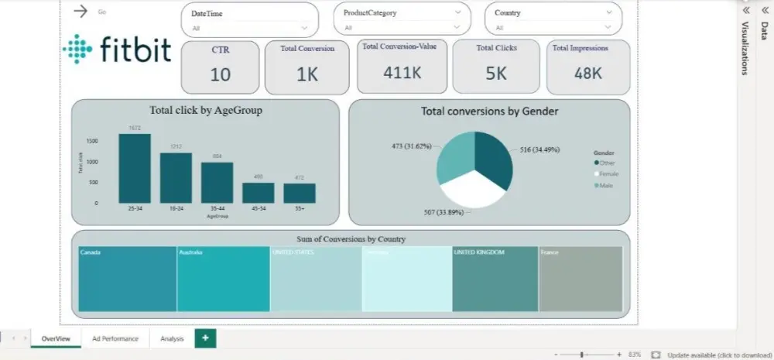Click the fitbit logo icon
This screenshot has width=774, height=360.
tap(77, 49)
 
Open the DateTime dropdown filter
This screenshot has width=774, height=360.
tap(304, 27)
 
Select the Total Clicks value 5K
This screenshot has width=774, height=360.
tap(496, 73)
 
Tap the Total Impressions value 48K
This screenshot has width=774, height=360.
tap(588, 73)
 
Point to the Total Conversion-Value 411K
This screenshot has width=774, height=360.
tap(402, 72)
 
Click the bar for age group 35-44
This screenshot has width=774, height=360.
tap(217, 183)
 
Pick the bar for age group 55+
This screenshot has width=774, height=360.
tap(299, 193)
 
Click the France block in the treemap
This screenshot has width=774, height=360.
tap(580, 279)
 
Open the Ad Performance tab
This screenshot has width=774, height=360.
tap(115, 338)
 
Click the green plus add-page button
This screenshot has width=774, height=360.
tap(205, 338)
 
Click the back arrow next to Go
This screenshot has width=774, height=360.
tap(79, 11)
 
